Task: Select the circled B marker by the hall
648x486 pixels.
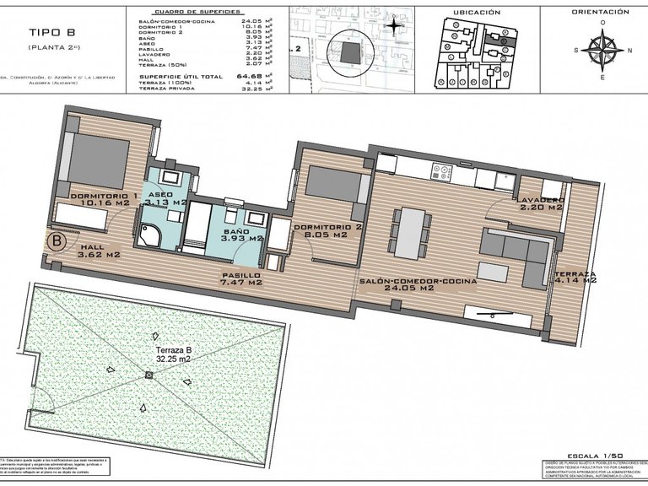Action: coord(57,240)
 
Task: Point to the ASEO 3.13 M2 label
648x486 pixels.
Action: coord(165,199)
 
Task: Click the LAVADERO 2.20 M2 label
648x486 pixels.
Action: coord(541,202)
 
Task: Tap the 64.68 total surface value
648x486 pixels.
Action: coord(248,75)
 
